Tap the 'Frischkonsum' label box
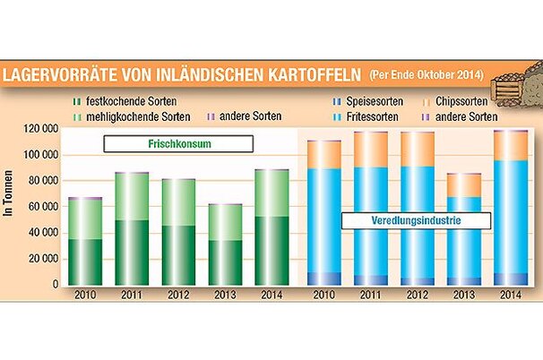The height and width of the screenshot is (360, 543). (x=176, y=143)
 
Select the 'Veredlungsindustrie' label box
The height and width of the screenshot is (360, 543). (x=396, y=219)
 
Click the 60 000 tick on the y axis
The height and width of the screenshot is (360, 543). (x=43, y=207)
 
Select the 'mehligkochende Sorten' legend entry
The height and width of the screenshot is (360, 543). (x=134, y=117)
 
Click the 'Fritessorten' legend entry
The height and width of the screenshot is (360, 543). (x=375, y=117)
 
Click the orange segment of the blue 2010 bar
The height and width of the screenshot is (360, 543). (x=323, y=154)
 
